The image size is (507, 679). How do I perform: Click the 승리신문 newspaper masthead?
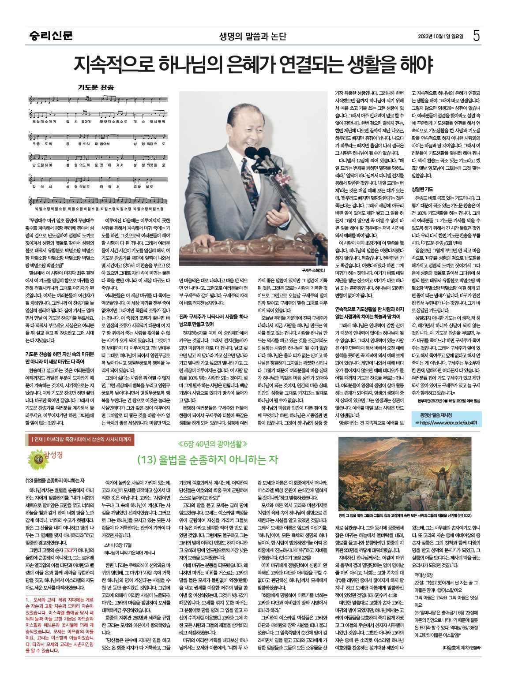49,36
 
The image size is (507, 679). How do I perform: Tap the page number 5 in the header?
476,36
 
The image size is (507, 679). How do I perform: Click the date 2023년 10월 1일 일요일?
441,37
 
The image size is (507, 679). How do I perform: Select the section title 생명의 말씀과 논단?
253,36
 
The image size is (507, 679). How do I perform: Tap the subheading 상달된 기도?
422,189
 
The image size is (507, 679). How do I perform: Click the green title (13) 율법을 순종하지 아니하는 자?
207,459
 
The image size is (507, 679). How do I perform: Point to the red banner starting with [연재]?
81,439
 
